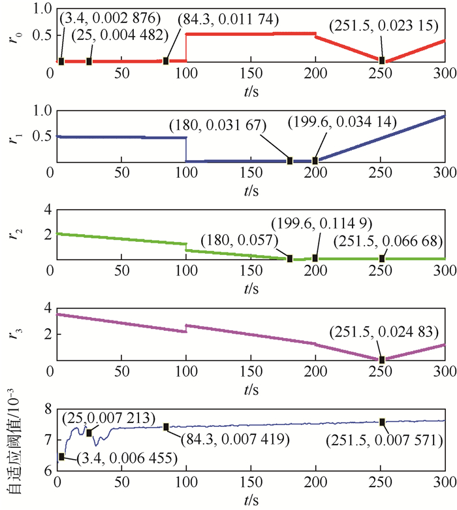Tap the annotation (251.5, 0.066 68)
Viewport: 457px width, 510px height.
pyautogui.click(x=386, y=242)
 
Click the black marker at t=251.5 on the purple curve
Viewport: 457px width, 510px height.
pyautogui.click(x=383, y=359)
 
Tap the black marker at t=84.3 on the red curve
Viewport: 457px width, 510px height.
pyautogui.click(x=166, y=61)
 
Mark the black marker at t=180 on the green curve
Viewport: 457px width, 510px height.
pyautogui.click(x=290, y=258)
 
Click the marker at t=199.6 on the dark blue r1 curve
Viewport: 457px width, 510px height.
pyautogui.click(x=315, y=160)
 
